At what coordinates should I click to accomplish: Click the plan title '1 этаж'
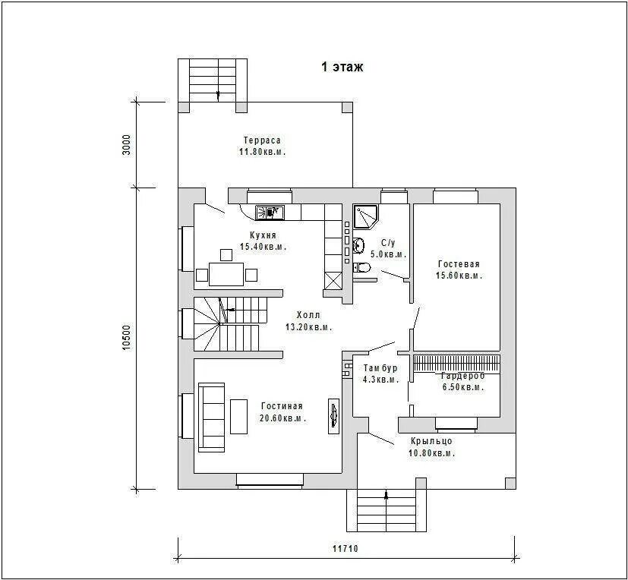pyautogui.click(x=342, y=67)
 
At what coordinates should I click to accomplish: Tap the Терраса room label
pyautogui.click(x=262, y=140)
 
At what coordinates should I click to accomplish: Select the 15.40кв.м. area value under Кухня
pyautogui.click(x=264, y=247)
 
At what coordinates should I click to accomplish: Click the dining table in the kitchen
pyautogui.click(x=226, y=274)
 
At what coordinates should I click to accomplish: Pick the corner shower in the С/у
pyautogui.click(x=364, y=216)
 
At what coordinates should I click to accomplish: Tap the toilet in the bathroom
pyautogui.click(x=362, y=267)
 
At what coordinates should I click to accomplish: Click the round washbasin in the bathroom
pyautogui.click(x=359, y=244)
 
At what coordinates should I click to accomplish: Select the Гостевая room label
pyautogui.click(x=459, y=264)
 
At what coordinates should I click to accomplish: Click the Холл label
pyautogui.click(x=308, y=315)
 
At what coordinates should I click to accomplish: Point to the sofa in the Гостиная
pyautogui.click(x=211, y=417)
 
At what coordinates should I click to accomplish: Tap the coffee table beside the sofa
pyautogui.click(x=238, y=416)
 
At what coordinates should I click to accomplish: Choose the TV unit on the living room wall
pyautogui.click(x=333, y=416)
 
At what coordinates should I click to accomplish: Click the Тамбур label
pyautogui.click(x=380, y=368)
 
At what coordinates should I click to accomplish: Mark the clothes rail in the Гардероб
pyautogui.click(x=456, y=364)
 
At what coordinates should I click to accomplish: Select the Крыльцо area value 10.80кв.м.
pyautogui.click(x=431, y=453)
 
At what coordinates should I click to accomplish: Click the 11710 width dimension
pyautogui.click(x=346, y=548)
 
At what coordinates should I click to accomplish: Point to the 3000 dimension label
pyautogui.click(x=126, y=145)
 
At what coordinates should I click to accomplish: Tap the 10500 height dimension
pyautogui.click(x=126, y=338)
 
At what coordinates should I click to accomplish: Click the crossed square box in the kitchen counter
pyautogui.click(x=333, y=281)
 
